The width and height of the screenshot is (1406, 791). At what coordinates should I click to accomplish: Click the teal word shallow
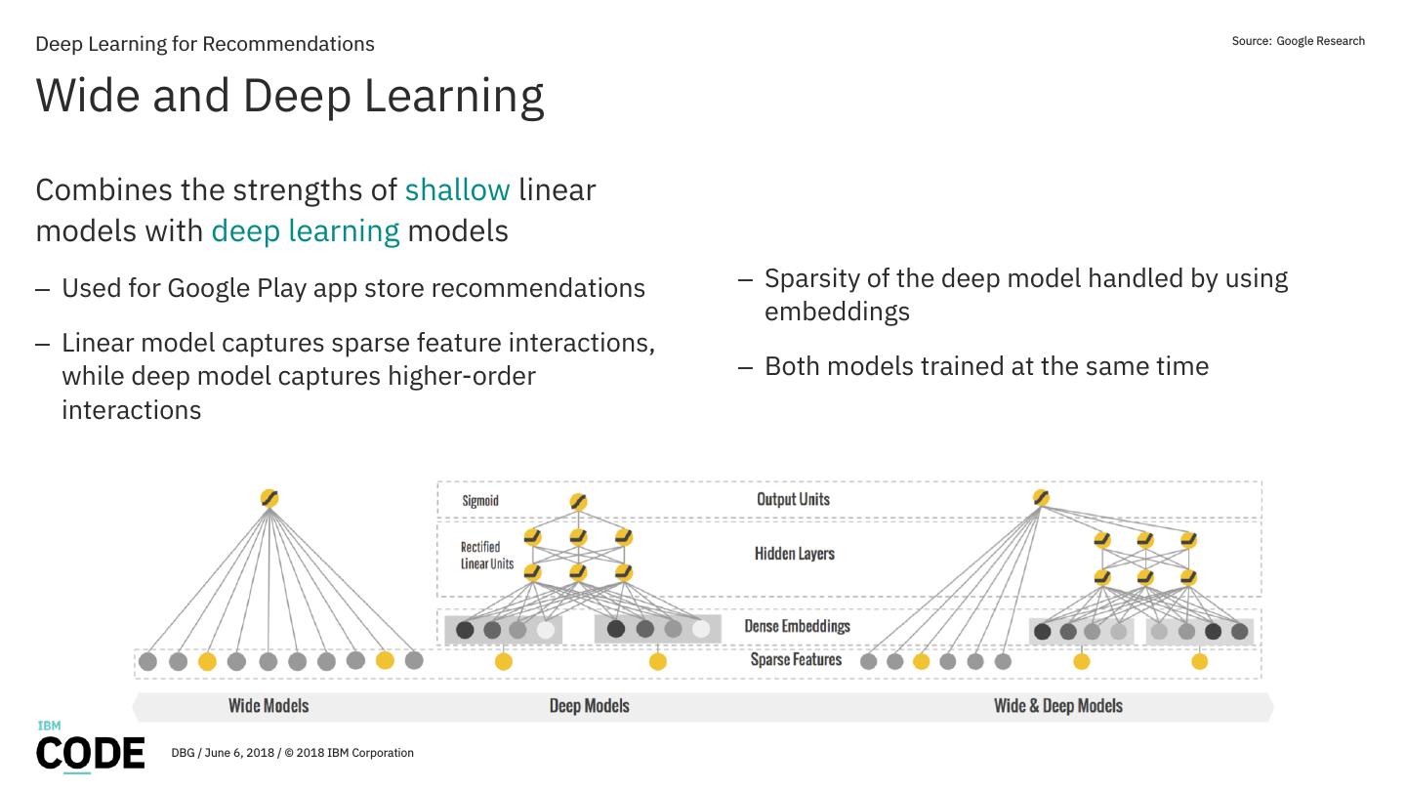pyautogui.click(x=457, y=189)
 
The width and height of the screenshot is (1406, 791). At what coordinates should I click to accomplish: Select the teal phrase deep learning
pyautogui.click(x=305, y=230)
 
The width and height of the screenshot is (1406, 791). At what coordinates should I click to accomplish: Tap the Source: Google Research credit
pyautogui.click(x=1298, y=41)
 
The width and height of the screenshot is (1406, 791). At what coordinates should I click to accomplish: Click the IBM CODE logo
pyautogui.click(x=90, y=748)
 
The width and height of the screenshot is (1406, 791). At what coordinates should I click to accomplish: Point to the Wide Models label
pyautogui.click(x=269, y=705)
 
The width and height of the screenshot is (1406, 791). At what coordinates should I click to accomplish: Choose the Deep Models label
pyautogui.click(x=589, y=705)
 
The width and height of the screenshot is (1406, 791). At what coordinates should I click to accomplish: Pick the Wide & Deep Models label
pyautogui.click(x=1057, y=705)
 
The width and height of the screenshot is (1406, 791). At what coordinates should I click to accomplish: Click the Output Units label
pyautogui.click(x=793, y=499)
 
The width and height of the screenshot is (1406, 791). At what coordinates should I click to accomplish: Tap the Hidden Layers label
pyautogui.click(x=794, y=554)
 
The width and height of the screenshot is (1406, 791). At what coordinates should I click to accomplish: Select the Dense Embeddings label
pyautogui.click(x=797, y=626)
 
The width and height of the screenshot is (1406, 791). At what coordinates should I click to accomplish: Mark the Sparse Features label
pyautogui.click(x=796, y=660)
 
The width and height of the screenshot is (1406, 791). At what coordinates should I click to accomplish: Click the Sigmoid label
pyautogui.click(x=480, y=501)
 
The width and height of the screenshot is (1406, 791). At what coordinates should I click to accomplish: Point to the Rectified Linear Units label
pyautogui.click(x=486, y=556)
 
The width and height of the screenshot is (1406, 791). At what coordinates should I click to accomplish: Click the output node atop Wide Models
pyautogui.click(x=269, y=499)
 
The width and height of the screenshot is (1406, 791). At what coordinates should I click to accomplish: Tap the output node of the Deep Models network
pyautogui.click(x=578, y=503)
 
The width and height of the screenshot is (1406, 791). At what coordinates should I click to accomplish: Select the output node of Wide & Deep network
pyautogui.click(x=1041, y=499)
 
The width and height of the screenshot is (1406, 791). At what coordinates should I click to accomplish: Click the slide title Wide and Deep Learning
pyautogui.click(x=289, y=96)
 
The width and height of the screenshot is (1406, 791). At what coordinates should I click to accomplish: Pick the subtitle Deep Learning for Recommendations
pyautogui.click(x=204, y=44)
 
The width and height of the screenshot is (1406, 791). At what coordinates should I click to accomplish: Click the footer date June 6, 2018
pyautogui.click(x=239, y=753)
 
